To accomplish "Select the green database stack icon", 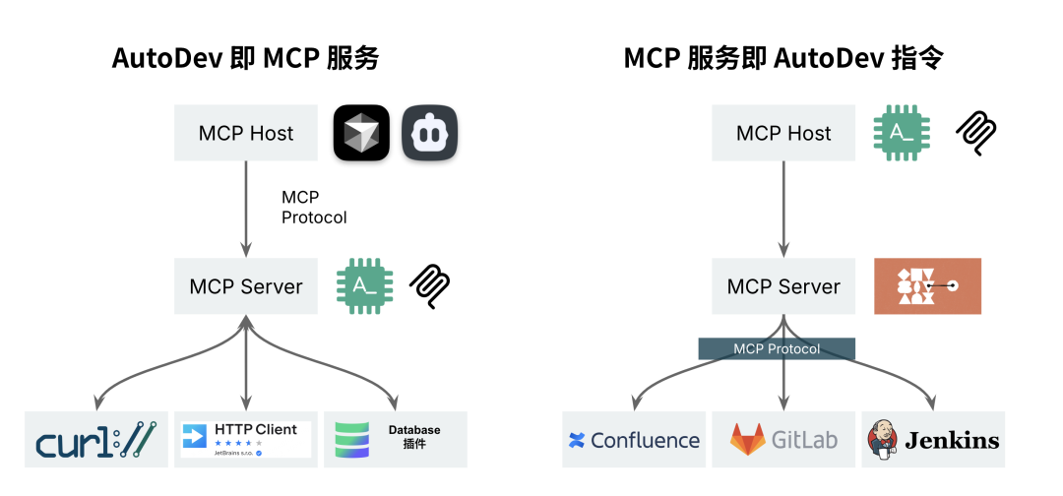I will (352, 439).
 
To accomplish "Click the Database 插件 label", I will (413, 437).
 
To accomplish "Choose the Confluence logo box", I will (634, 440).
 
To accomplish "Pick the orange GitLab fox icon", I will (747, 439).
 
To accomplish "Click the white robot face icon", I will (430, 133).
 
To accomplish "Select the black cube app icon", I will (361, 133).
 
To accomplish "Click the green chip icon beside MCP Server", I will (365, 286).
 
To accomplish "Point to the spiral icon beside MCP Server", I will (430, 286).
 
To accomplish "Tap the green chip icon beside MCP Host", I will (902, 133).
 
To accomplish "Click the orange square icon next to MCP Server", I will (927, 286).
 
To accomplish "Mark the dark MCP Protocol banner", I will (777, 348).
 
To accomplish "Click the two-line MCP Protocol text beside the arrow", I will (314, 208).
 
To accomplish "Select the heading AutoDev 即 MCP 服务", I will (245, 58).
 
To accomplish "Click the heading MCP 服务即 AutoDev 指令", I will (783, 58).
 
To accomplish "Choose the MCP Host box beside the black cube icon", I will (246, 133).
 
